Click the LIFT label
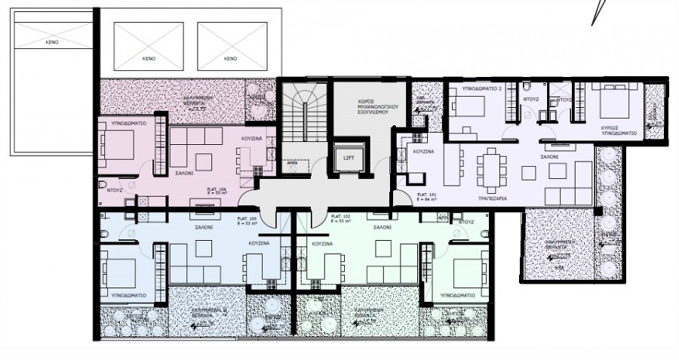coord(348,158)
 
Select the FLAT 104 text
coord(217,191)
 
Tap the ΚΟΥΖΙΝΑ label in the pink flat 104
coord(251,139)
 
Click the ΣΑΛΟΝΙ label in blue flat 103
coord(203,226)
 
